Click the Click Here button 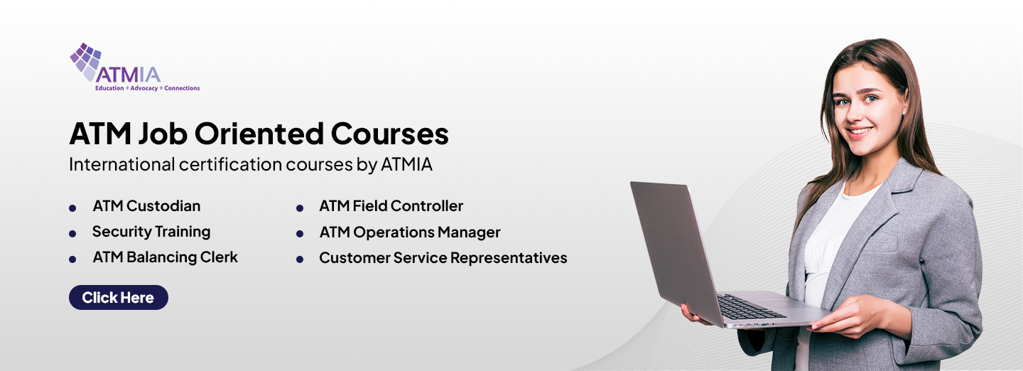click(x=118, y=297)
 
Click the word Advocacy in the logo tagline click(x=144, y=88)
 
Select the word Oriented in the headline click(x=259, y=134)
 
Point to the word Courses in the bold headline click(x=389, y=134)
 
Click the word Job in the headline click(x=163, y=134)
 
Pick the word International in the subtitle click(x=122, y=164)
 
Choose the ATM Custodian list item click(x=146, y=206)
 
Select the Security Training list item click(x=151, y=232)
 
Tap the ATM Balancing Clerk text click(x=166, y=257)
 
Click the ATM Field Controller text click(x=391, y=206)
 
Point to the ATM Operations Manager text click(x=410, y=232)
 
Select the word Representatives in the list click(x=509, y=258)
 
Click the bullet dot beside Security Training click(x=72, y=234)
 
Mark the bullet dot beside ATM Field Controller click(x=300, y=208)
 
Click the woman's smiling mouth click(x=860, y=132)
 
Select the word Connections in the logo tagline click(x=182, y=88)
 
